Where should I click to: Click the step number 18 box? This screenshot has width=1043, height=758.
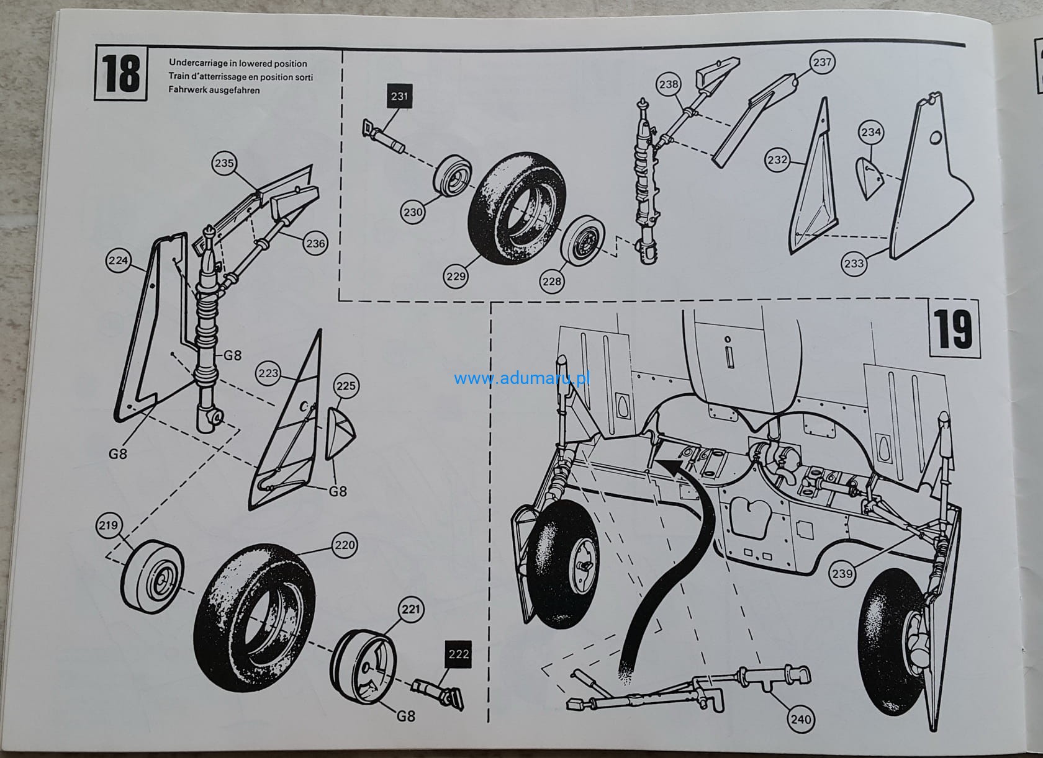point(120,73)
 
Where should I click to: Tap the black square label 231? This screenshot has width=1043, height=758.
point(400,96)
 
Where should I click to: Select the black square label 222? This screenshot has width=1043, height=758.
point(458,654)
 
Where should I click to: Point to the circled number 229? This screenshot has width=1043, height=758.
point(456,276)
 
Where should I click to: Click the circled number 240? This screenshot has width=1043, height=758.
point(800,719)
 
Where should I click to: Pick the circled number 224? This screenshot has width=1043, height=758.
point(118,261)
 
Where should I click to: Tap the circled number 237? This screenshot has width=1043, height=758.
point(822,62)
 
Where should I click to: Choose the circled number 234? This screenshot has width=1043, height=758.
point(871,132)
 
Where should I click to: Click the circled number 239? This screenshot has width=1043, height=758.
point(842,573)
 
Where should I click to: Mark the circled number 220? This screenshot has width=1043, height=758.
point(345,545)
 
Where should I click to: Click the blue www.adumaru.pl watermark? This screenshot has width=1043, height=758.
point(521,378)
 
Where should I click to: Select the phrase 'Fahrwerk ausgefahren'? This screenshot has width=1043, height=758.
point(214,90)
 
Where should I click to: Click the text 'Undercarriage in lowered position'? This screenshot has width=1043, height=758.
point(238,63)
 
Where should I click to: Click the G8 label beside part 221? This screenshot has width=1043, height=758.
point(405,715)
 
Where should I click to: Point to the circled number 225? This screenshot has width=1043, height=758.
point(346,386)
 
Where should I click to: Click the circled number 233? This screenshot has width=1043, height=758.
point(854,263)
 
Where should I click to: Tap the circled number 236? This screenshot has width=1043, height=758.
point(315,244)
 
